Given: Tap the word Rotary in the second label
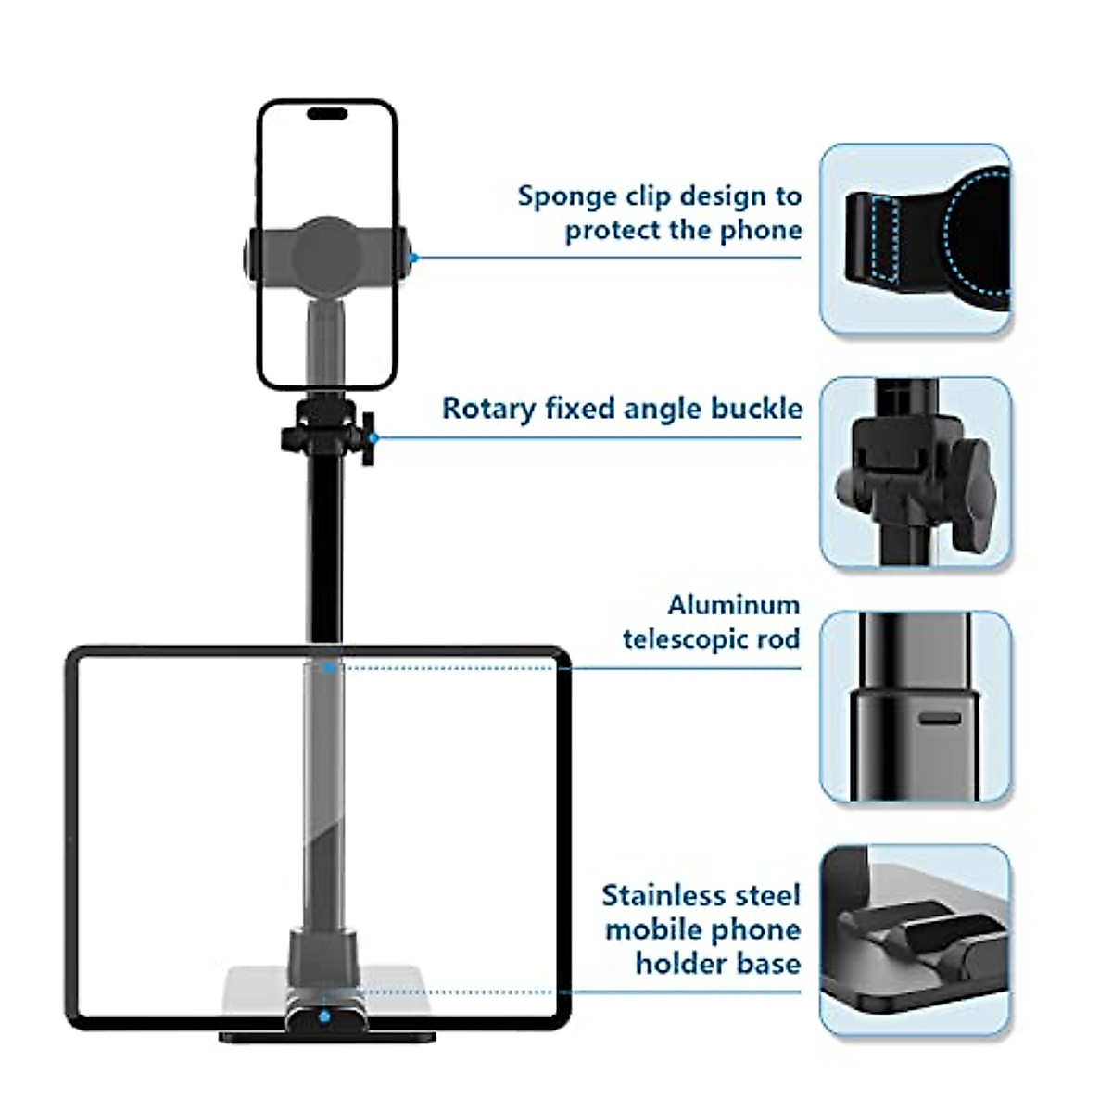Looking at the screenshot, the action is (x=487, y=409).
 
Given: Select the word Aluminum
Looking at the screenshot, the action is (x=733, y=606).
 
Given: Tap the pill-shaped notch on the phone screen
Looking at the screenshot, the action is (x=326, y=114).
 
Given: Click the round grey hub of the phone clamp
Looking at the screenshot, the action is (x=326, y=249).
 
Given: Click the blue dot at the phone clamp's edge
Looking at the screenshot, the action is (x=413, y=258).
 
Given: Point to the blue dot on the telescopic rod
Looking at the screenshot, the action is (x=326, y=667).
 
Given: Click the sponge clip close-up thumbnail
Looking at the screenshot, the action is (x=915, y=239).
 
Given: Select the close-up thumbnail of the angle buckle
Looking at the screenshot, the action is (x=915, y=473).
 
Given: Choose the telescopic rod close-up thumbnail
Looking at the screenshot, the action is (x=915, y=706).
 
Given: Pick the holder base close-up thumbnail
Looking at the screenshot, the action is (x=915, y=940).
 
